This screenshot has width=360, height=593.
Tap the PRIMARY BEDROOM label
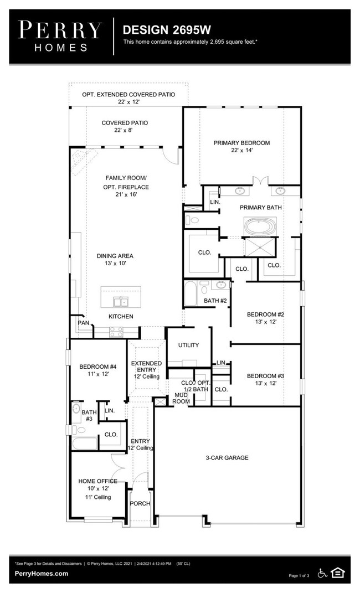[x=241, y=143]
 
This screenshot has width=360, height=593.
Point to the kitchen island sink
[x=121, y=302]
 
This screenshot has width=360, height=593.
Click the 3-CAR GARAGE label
[x=228, y=458]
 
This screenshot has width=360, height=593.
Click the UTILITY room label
[x=188, y=345]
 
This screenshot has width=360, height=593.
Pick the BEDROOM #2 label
[x=265, y=314]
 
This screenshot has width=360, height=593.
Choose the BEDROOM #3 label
[x=265, y=376]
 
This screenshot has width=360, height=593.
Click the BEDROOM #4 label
[x=97, y=367]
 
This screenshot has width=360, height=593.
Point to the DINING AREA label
[x=115, y=256]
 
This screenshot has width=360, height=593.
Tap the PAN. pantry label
[x=84, y=322]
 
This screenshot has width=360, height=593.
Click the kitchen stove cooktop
[x=117, y=332]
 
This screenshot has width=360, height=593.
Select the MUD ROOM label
[x=181, y=398]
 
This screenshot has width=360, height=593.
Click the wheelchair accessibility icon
[x=322, y=573]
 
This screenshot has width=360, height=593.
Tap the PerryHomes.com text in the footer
[x=42, y=574]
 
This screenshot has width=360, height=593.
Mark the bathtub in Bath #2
[x=191, y=294]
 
